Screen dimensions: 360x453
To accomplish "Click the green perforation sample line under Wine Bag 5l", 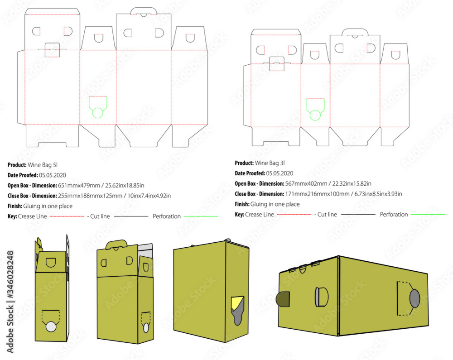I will (201, 216).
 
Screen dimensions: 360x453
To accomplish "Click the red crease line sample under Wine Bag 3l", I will (294, 214).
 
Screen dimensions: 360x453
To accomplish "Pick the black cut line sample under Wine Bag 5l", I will (131, 216).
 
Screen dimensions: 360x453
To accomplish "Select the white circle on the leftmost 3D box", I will (51, 327).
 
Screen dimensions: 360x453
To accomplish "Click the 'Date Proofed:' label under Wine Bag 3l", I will (250, 173).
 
